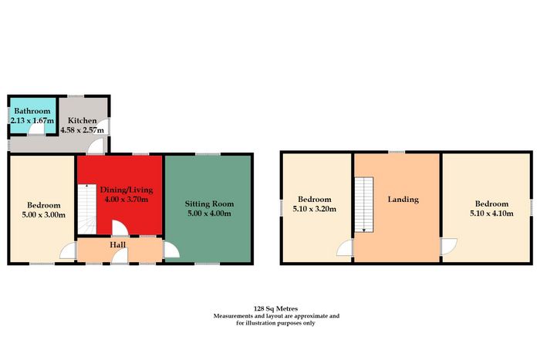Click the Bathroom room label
[32, 111]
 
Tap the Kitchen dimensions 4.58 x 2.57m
[82, 130]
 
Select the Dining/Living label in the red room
[127, 190]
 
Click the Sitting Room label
[209, 204]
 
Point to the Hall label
[118, 244]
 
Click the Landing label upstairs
[403, 200]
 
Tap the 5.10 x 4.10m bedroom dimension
[491, 214]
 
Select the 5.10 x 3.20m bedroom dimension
[315, 209]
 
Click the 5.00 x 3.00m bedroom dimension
[44, 215]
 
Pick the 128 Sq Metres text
[275, 308]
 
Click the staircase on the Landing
[364, 204]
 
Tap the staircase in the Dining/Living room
[86, 209]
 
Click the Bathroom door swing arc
[35, 129]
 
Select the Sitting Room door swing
[171, 250]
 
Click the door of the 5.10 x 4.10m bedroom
[449, 247]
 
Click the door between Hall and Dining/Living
[120, 228]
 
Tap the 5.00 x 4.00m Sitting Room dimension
[209, 214]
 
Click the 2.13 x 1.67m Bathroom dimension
[32, 121]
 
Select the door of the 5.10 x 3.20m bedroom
[345, 247]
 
